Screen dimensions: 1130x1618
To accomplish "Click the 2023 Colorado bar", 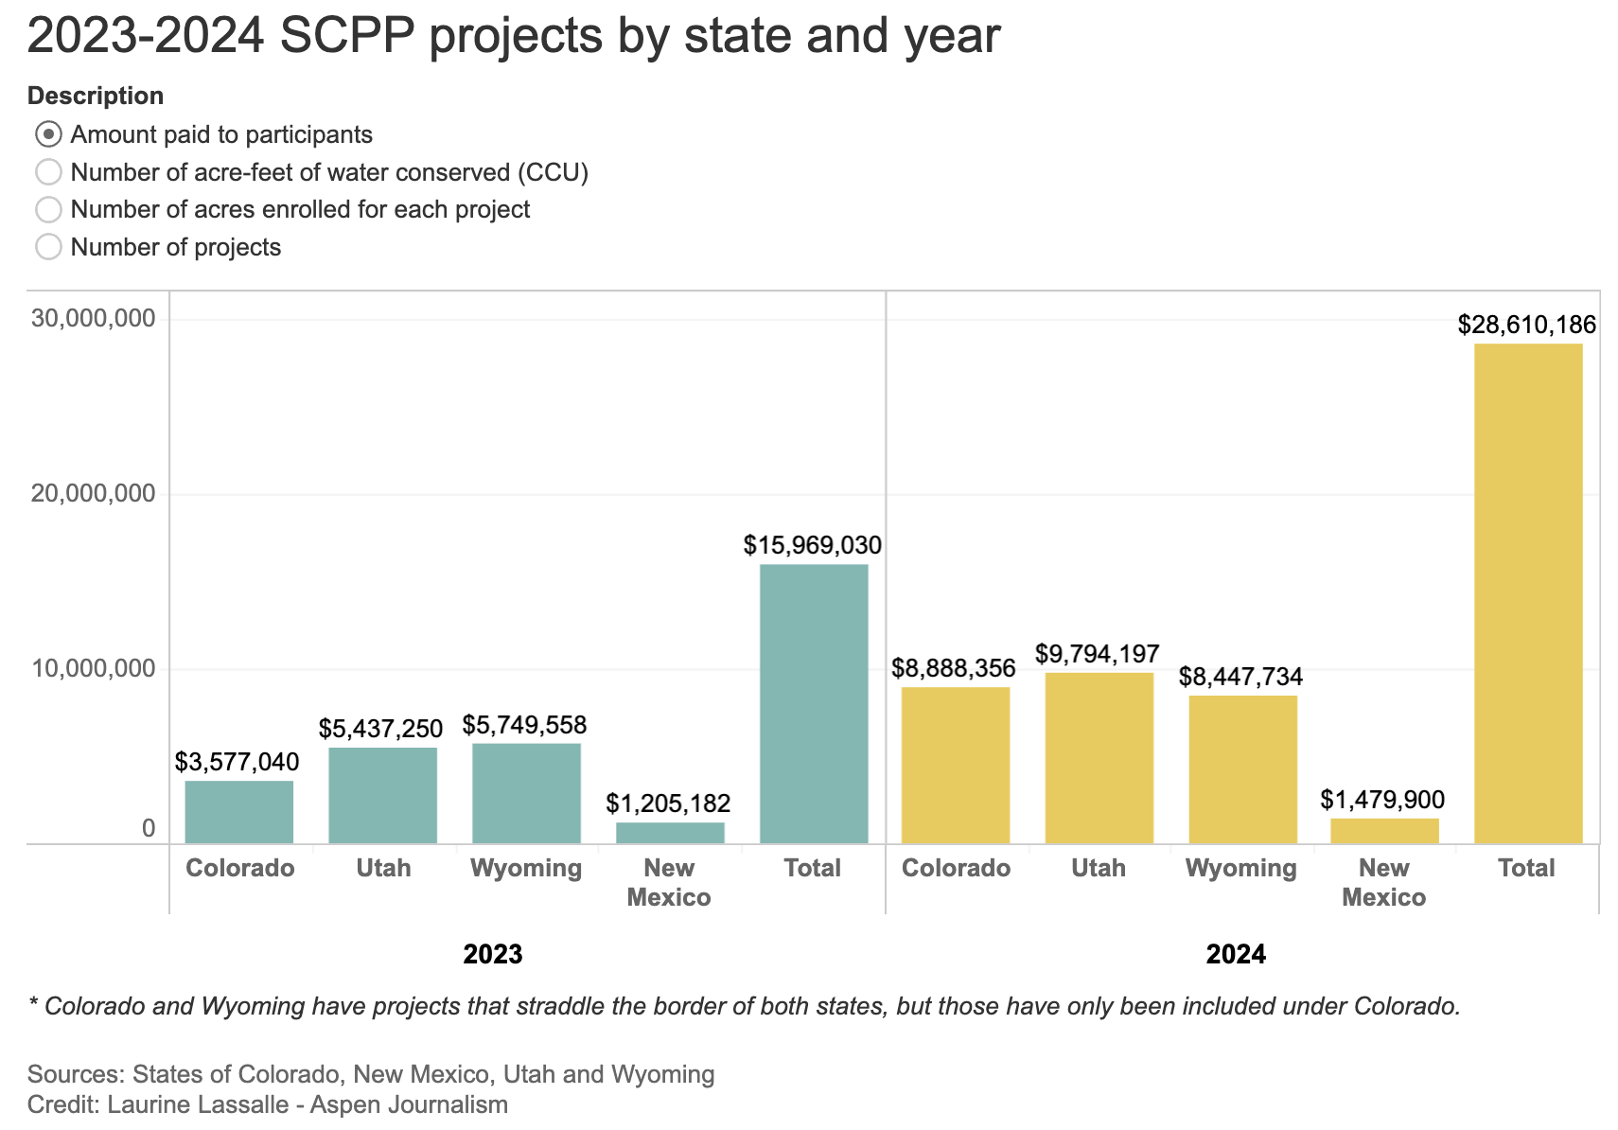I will [239, 812].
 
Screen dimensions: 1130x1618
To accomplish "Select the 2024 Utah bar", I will [1099, 757].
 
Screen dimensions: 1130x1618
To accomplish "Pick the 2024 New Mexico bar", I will [1384, 831].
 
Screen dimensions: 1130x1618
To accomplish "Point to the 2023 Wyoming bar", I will [526, 793].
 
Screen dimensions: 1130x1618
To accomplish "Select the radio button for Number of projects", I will [48, 247].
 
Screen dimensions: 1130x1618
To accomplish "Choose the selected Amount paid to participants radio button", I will [48, 134].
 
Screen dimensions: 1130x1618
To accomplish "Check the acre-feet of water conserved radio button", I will [48, 172].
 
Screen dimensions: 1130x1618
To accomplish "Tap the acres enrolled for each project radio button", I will [48, 209].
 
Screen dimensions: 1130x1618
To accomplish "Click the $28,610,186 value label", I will [1526, 326].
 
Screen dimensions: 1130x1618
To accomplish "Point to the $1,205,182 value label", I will [668, 804].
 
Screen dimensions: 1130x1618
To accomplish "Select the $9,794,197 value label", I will [1097, 654].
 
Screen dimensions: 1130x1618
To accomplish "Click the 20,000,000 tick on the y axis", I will [93, 494].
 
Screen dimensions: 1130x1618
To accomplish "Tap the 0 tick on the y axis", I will [149, 829].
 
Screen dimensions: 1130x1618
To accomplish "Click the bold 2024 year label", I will [1236, 954].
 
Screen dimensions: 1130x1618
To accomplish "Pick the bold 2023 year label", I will [493, 954].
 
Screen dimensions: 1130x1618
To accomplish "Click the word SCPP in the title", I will [346, 36].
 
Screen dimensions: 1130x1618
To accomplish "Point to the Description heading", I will [96, 96].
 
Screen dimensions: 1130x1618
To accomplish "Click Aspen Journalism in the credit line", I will [409, 1104].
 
